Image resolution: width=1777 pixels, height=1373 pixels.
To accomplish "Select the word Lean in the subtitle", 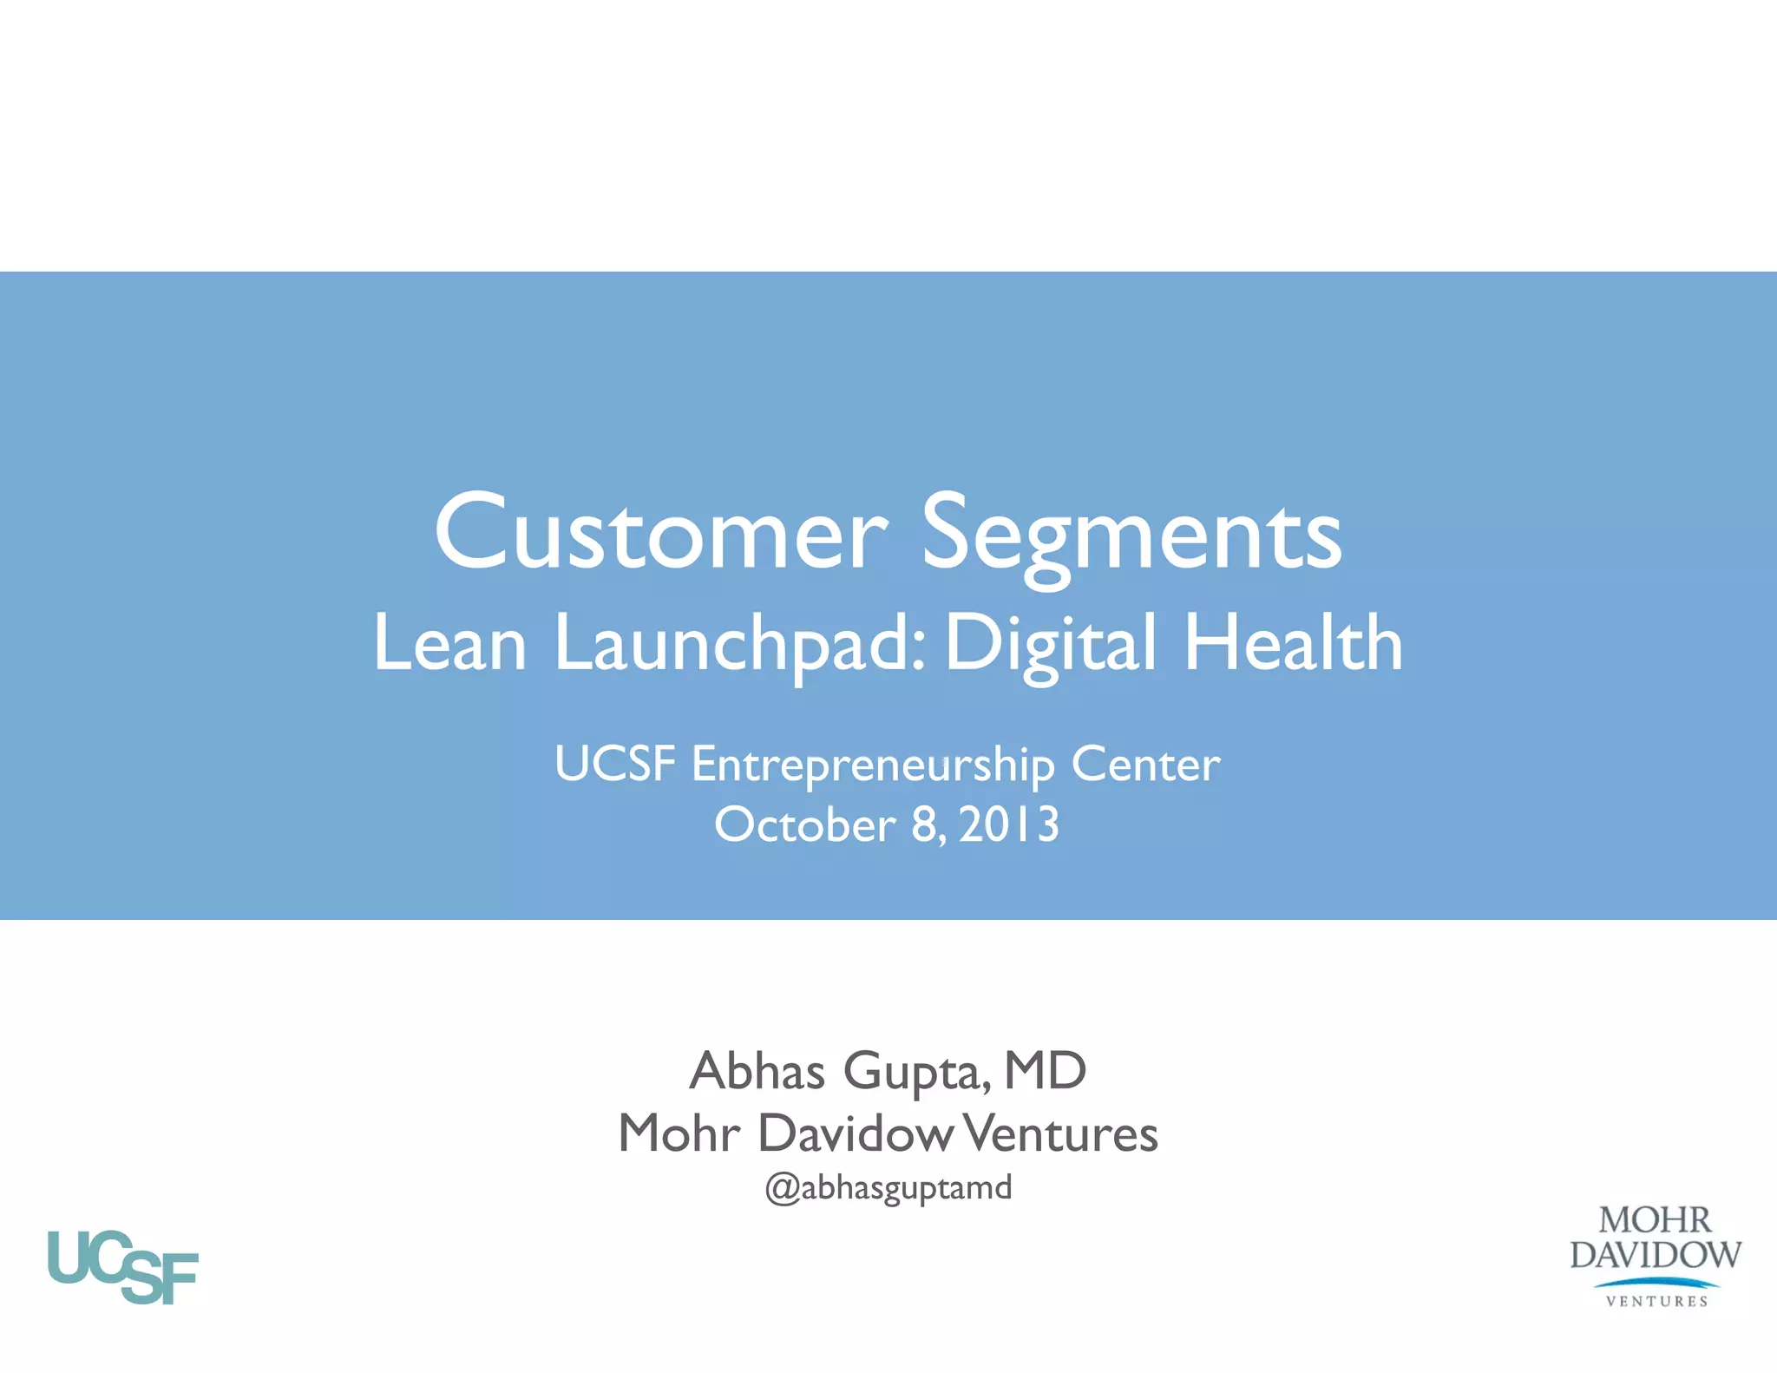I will point(449,643).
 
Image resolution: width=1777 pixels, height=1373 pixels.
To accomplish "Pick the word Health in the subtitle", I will point(1293,643).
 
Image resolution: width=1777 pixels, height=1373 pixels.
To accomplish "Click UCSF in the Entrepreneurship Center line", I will point(614,764).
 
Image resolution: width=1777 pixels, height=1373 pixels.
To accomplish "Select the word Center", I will point(1145,765).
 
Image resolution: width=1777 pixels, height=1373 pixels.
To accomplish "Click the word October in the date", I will point(804,824).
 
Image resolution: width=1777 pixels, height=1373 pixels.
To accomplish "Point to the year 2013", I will point(1009,824).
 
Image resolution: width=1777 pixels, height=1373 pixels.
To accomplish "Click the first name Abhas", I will point(757,1071).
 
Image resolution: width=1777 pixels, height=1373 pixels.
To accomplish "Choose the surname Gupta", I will point(916,1073).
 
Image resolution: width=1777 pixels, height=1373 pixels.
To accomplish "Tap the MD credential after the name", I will point(1045,1071).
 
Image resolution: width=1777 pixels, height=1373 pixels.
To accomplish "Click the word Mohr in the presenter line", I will point(679,1133).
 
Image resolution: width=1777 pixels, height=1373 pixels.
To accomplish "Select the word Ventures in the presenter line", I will point(1061,1133).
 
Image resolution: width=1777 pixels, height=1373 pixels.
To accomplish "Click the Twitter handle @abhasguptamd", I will point(888,1187).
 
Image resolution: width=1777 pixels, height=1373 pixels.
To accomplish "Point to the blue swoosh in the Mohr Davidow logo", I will point(1656,1282).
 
